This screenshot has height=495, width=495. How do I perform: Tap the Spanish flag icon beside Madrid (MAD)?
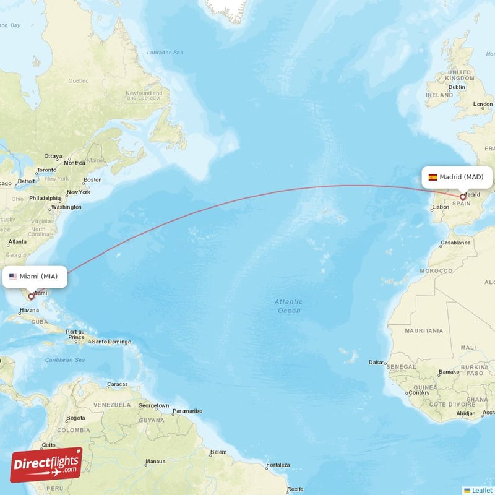pos(433,177)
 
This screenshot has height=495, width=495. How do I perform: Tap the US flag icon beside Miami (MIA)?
pos(13,277)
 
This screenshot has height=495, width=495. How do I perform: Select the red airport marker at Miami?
pos(31,296)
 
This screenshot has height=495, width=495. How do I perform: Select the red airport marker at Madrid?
pos(462,197)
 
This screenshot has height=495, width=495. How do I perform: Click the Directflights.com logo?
pos(46,464)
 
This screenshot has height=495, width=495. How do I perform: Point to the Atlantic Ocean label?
pos(289,306)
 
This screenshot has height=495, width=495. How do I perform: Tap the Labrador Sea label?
pos(165,53)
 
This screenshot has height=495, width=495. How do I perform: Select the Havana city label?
pos(29,309)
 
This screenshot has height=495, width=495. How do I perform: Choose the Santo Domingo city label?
pos(111,342)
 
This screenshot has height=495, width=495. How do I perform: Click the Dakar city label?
pos(376,362)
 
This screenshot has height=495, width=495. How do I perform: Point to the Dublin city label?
pos(457,87)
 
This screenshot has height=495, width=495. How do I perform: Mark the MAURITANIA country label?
pos(424,331)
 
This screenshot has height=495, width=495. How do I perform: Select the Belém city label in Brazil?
pos(218,452)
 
